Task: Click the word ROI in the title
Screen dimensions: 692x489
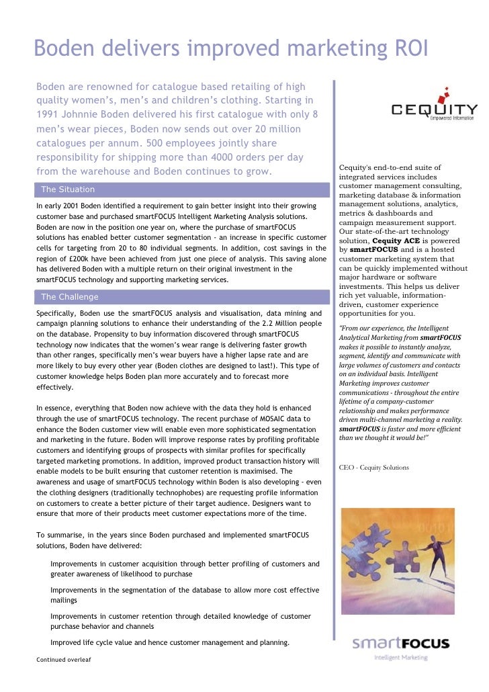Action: (x=403, y=49)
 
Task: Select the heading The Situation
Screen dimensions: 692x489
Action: (x=68, y=189)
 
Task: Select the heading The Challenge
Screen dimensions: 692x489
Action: (x=69, y=297)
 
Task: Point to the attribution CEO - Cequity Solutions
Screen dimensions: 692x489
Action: (x=374, y=468)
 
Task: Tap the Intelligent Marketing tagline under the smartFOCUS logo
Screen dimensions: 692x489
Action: (x=400, y=658)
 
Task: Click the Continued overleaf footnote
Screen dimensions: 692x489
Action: (x=63, y=660)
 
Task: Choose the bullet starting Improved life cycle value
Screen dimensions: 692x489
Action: (x=169, y=642)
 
